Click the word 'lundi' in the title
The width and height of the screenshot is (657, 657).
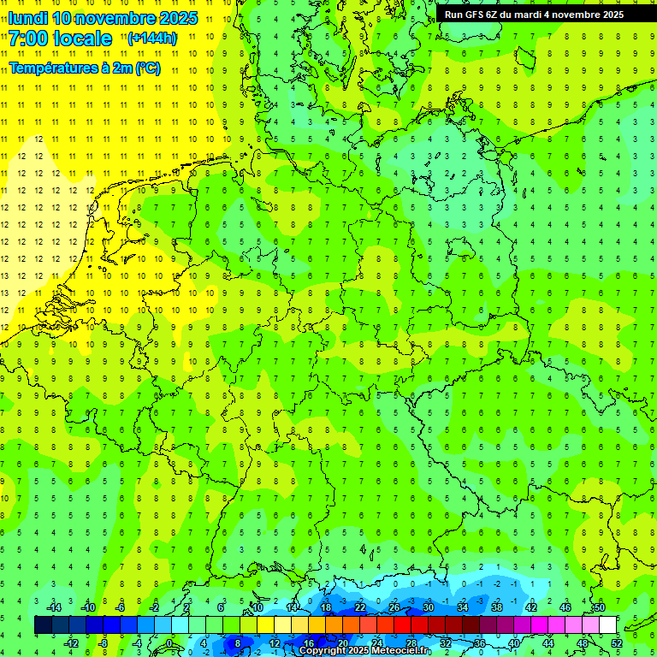click(27, 18)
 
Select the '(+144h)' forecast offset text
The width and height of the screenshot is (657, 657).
click(151, 38)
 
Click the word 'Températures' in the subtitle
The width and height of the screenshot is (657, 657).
click(46, 68)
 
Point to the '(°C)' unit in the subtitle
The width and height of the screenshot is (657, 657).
click(147, 68)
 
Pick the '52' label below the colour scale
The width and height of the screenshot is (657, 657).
click(616, 643)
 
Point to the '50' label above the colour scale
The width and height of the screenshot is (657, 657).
click(599, 607)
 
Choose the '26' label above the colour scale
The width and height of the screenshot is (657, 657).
click(394, 607)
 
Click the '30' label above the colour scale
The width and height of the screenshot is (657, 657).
click(428, 607)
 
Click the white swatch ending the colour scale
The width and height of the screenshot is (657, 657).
click(607, 625)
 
